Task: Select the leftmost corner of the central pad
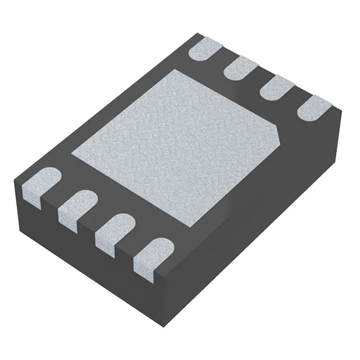pyautogui.click(x=71, y=152)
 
